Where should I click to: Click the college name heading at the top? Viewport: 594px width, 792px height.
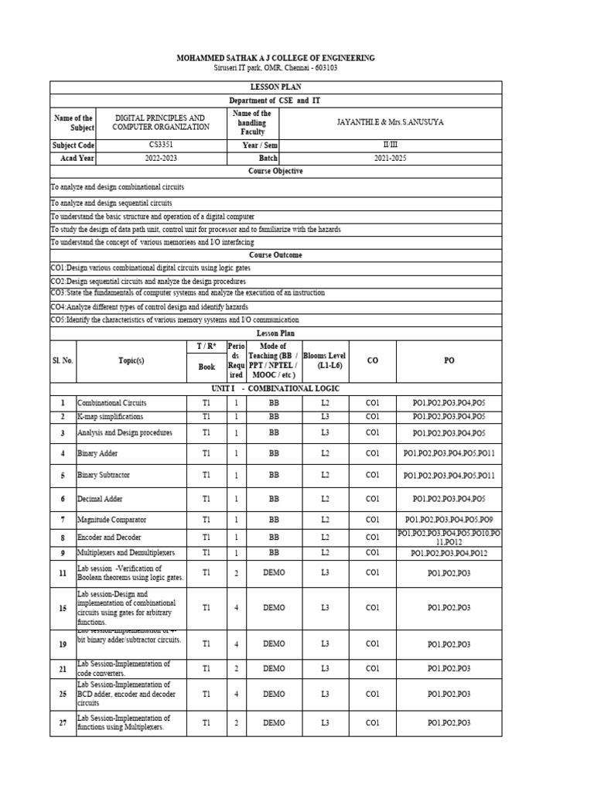(275, 58)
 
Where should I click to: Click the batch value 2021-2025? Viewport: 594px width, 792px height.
(389, 158)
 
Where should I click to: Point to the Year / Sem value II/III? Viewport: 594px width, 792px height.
(389, 145)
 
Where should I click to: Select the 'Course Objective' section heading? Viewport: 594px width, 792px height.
(275, 171)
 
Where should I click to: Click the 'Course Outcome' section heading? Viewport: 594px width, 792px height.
(275, 254)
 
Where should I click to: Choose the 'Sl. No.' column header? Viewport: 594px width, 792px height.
(63, 360)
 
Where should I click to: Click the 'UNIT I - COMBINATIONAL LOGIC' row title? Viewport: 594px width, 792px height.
(275, 388)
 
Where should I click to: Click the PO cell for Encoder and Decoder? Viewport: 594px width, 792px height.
(449, 538)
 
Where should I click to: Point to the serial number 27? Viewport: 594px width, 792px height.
(63, 723)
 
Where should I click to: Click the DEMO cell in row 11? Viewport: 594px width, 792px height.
(274, 573)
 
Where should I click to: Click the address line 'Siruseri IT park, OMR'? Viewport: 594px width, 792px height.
(275, 68)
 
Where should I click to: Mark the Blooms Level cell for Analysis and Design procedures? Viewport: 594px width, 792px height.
(325, 433)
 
